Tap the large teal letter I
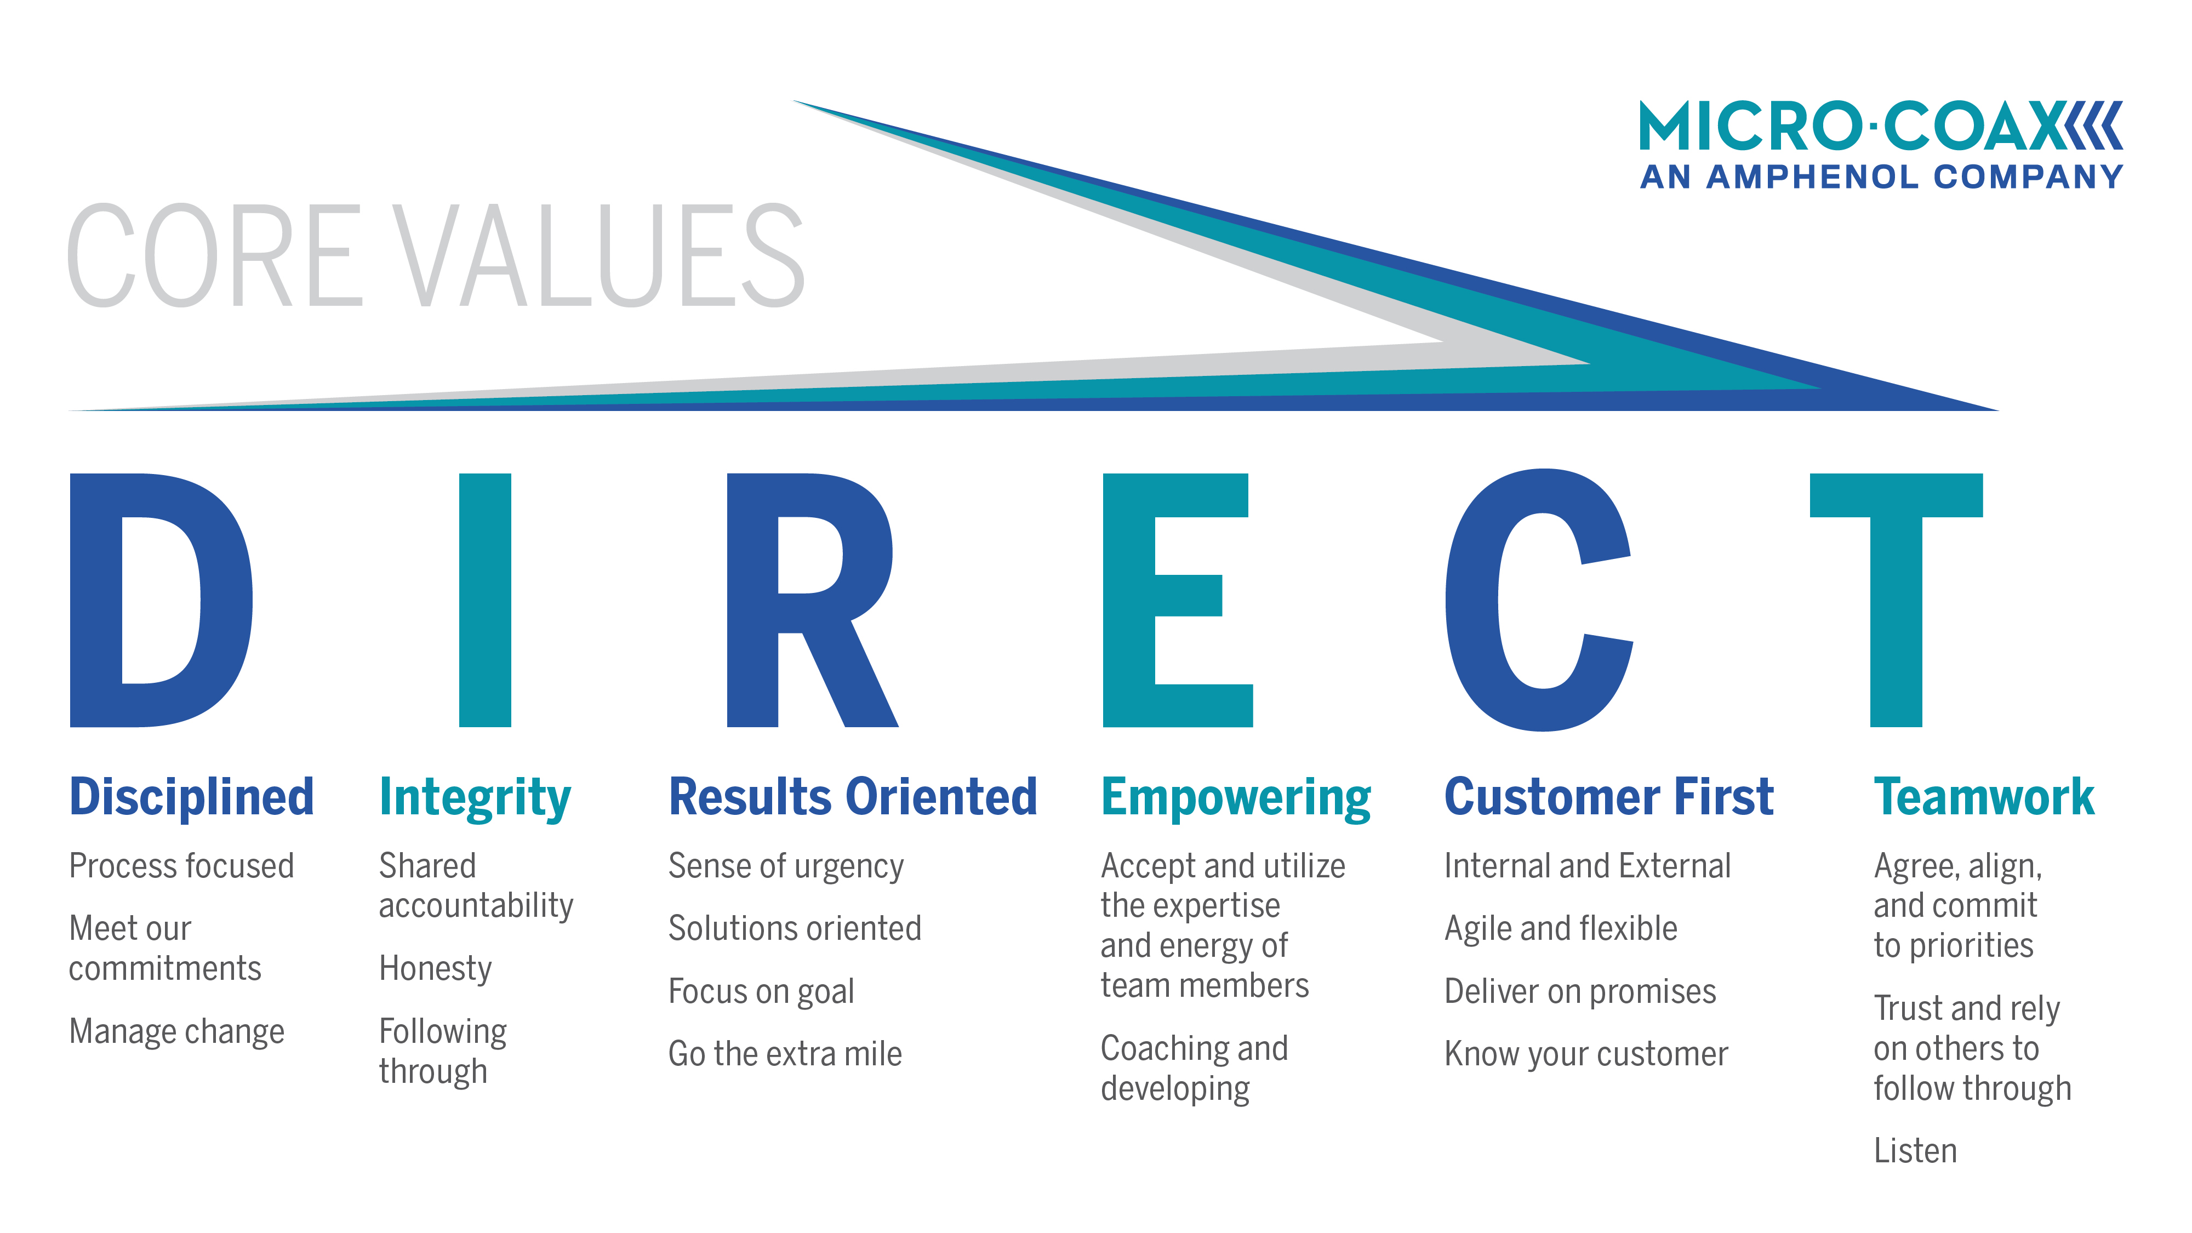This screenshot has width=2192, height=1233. (x=485, y=600)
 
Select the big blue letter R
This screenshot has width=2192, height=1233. (x=753, y=600)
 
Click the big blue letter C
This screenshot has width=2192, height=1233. (x=1472, y=600)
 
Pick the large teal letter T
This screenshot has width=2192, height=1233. (x=1896, y=600)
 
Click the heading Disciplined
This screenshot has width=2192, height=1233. (x=191, y=798)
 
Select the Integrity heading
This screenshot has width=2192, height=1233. (x=475, y=798)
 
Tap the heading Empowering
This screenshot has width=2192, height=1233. (x=1236, y=798)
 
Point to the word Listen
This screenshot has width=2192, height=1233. (x=1915, y=1150)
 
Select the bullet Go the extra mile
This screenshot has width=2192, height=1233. (x=785, y=1053)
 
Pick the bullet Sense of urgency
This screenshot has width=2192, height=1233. (x=785, y=867)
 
